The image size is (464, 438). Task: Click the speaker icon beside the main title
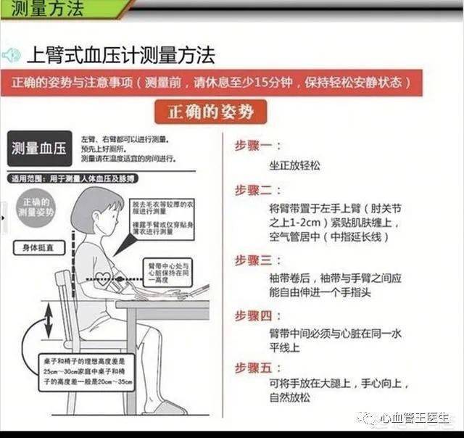[x=12, y=55]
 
